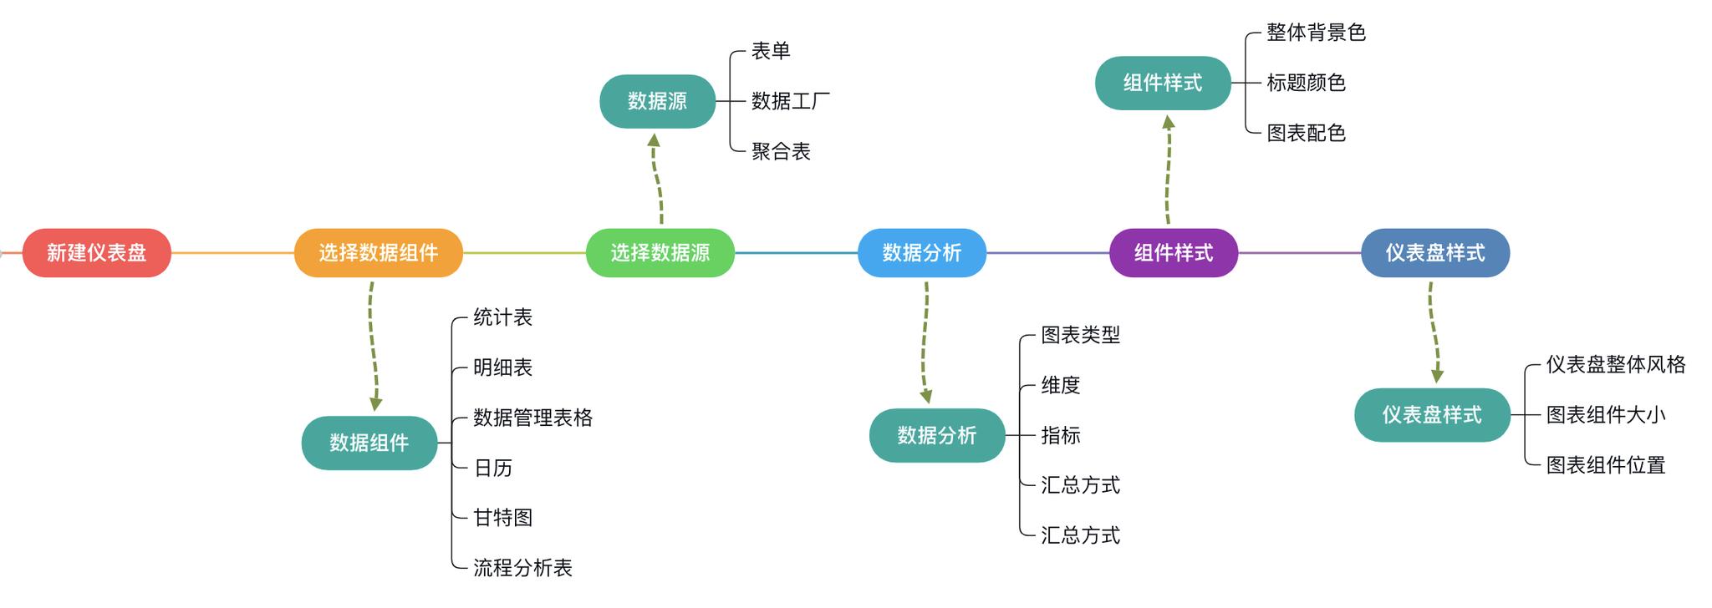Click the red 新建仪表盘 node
click(x=96, y=253)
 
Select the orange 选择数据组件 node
click(x=378, y=253)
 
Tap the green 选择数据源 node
click(x=660, y=253)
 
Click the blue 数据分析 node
click(x=921, y=253)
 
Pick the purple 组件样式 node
click(x=1173, y=253)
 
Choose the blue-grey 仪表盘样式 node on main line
click(x=1434, y=253)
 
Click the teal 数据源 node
click(x=657, y=101)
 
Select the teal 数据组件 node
click(x=369, y=443)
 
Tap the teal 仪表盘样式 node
click(x=1431, y=415)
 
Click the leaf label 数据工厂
click(x=790, y=101)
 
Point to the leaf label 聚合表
click(x=781, y=151)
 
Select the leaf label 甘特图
click(x=502, y=518)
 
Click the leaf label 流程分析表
click(x=522, y=568)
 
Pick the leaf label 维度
click(x=1060, y=385)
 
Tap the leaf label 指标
click(x=1060, y=435)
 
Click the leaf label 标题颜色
click(x=1306, y=83)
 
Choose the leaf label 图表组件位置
click(x=1605, y=465)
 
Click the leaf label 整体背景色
click(x=1316, y=33)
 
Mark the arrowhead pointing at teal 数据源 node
click(x=654, y=140)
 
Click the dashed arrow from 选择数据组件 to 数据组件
click(x=371, y=342)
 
